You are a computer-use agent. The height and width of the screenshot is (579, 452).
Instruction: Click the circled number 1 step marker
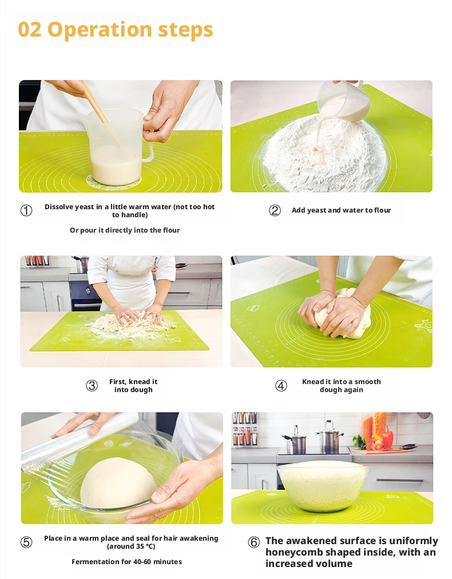pos(26,210)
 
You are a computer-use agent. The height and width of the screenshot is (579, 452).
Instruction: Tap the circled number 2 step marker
pos(275,210)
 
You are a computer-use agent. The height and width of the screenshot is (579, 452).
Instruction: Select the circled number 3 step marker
pos(92,386)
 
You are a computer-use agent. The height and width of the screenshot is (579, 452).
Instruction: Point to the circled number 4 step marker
pos(281,386)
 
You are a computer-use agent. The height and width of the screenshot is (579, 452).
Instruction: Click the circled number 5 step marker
pos(26,542)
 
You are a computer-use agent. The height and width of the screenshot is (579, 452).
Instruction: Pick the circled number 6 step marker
pos(253,542)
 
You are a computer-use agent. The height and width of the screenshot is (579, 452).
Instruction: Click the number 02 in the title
pos(30,30)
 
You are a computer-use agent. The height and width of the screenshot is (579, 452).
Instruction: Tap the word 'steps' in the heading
pos(185,30)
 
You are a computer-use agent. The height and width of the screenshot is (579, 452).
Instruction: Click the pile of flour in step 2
pos(325,155)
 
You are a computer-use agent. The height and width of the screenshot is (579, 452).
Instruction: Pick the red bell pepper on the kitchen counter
pos(388,439)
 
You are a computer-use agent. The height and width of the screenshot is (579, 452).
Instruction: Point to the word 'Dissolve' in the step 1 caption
pos(59,207)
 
